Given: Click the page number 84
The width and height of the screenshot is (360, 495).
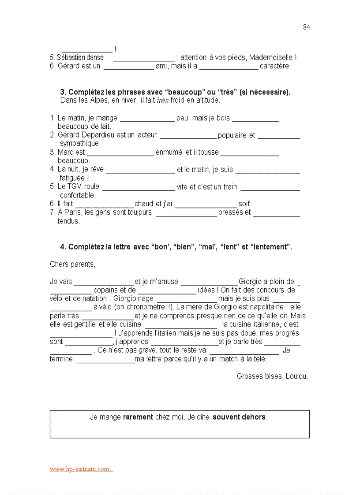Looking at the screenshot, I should [306, 27].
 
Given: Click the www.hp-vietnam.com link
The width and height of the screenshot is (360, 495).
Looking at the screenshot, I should [79, 469].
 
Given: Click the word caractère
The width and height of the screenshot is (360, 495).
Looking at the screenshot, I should [275, 66].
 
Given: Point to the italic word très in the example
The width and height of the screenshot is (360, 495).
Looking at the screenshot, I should [163, 100].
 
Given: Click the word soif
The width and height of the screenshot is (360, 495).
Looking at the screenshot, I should [244, 204].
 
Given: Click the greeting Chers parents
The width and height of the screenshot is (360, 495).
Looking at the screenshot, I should [72, 264].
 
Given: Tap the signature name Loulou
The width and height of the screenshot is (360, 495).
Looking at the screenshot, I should [296, 376].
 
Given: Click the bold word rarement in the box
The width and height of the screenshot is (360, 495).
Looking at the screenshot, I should [138, 417].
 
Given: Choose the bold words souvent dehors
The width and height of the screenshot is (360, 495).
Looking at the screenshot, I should [239, 417].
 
